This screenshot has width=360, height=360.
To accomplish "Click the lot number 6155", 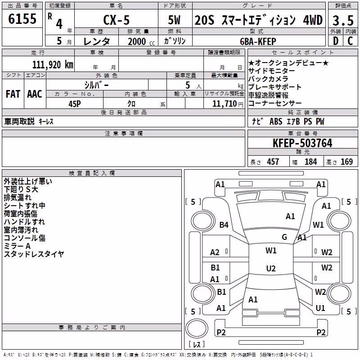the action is coord(22,18).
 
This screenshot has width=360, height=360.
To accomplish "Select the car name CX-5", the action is coord(117,20).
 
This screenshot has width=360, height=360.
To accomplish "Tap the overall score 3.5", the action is coord(343,20).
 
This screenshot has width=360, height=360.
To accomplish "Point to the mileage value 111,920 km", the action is coord(53,65).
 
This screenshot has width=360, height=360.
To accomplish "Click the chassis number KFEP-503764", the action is coord(302,143).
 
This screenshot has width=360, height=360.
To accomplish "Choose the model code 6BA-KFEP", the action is coord(258,41).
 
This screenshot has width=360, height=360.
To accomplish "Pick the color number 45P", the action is coord(75,104).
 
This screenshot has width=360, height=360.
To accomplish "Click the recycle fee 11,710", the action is coord(225,103).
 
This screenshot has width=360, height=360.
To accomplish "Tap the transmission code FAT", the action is coord(13,94).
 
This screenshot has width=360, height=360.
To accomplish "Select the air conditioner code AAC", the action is coord(35,94).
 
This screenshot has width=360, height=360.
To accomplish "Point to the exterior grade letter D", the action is coord(336,41).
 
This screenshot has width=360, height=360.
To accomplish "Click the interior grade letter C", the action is coord(350,41).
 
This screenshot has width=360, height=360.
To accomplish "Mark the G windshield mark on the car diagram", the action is coord(284,237).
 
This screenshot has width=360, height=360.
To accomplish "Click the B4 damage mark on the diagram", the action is coord(224,225).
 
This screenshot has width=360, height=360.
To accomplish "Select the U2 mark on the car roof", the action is coord(271,268).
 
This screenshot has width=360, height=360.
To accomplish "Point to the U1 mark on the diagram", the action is coord(320,308).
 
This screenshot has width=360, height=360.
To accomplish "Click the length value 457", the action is coord(273,162).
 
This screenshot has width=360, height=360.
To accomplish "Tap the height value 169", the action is coord(346,162).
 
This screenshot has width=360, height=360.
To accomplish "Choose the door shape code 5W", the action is coord(174,20).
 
